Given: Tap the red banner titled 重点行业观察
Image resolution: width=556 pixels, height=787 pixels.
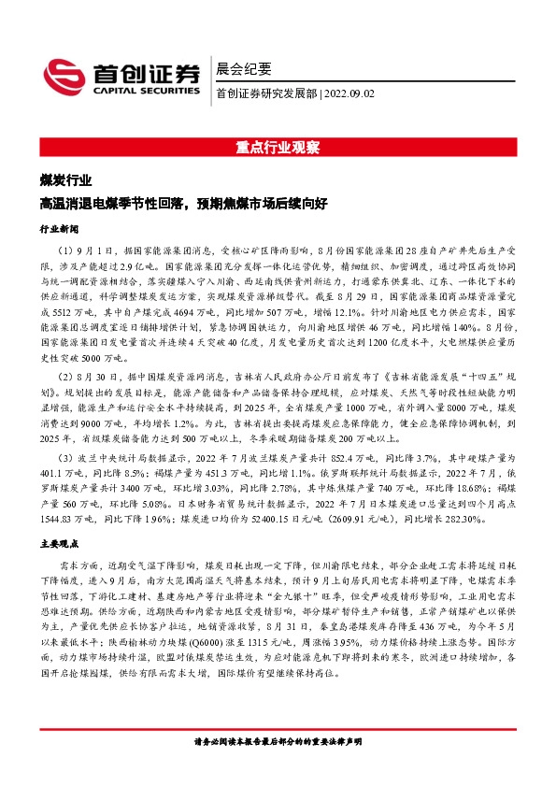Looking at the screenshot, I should pyautogui.click(x=278, y=148).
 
